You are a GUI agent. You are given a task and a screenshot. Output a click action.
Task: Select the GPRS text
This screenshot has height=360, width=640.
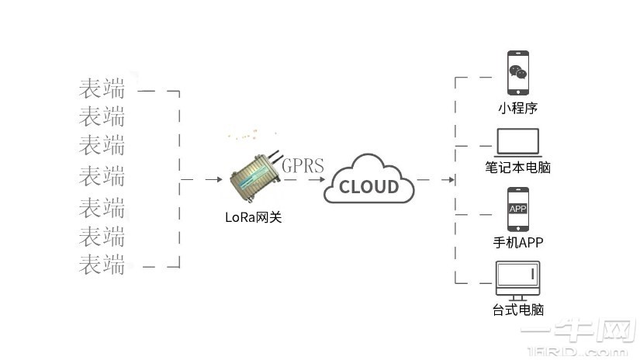(303, 165)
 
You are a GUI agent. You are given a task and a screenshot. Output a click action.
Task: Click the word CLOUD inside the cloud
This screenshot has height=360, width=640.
(369, 186)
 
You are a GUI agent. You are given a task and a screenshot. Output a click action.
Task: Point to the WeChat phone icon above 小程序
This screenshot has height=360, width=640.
(517, 74)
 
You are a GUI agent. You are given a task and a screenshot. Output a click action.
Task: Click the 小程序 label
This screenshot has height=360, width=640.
(517, 108)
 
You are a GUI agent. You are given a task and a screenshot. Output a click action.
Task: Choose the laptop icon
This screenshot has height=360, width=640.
(517, 142)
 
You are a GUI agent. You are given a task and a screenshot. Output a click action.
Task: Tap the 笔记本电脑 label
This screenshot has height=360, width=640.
(517, 167)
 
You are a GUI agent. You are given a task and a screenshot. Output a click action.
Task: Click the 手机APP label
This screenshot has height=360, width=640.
(517, 242)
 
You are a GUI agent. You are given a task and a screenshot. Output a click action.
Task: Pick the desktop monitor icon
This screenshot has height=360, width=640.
(517, 278)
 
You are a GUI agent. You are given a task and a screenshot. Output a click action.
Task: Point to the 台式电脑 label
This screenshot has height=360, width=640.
(517, 310)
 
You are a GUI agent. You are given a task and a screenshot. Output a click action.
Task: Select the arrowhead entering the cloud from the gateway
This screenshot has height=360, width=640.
(320, 180)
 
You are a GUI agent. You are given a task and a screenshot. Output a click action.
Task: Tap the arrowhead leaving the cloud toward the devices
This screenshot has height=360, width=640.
(451, 180)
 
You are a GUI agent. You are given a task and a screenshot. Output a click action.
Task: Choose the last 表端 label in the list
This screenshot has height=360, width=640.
(102, 265)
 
